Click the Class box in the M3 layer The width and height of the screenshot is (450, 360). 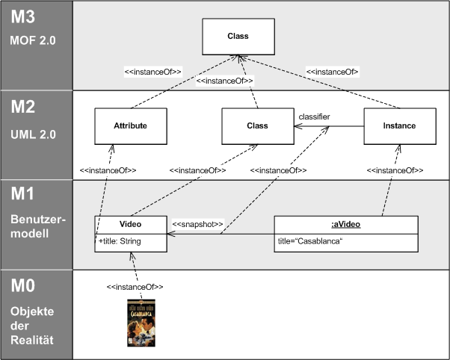238,35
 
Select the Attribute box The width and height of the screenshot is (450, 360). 131,125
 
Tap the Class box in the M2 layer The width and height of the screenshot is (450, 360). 256,125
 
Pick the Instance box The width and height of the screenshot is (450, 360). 400,125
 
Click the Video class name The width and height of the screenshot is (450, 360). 131,223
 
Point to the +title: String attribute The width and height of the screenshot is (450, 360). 124,241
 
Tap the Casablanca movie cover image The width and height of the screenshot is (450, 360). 142,323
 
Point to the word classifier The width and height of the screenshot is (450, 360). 314,117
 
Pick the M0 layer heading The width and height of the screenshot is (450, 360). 24,288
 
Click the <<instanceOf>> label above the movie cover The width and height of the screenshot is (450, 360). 135,287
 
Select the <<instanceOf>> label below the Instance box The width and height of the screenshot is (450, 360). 395,170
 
